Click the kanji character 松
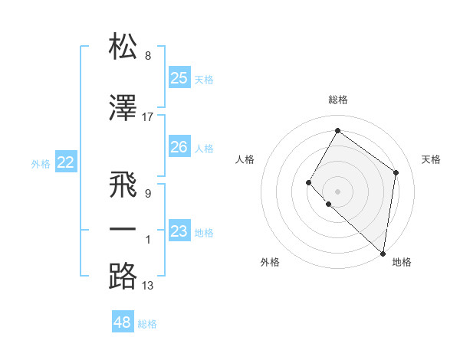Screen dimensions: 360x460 pyautogui.click(x=123, y=47)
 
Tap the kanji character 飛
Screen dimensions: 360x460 pyautogui.click(x=123, y=185)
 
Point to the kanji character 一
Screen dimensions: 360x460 pyautogui.click(x=123, y=230)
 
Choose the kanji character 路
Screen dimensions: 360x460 pyautogui.click(x=123, y=277)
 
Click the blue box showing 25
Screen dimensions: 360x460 pyautogui.click(x=179, y=78)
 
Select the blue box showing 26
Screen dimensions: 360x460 pyautogui.click(x=179, y=147)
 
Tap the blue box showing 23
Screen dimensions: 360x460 pyautogui.click(x=179, y=231)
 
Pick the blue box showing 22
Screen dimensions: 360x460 pyautogui.click(x=66, y=162)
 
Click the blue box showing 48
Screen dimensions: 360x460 pyautogui.click(x=123, y=322)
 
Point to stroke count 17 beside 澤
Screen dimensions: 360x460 pyautogui.click(x=148, y=117)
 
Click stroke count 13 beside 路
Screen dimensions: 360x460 pyautogui.click(x=148, y=286)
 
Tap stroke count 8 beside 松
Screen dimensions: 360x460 pyautogui.click(x=148, y=56)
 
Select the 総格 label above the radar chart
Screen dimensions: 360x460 pyautogui.click(x=338, y=100)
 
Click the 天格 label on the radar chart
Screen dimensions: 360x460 pyautogui.click(x=432, y=159)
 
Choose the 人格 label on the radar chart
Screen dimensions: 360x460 pyautogui.click(x=245, y=159)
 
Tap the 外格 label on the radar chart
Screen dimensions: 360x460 pyautogui.click(x=270, y=262)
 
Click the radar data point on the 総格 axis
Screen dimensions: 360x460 pyautogui.click(x=337, y=130)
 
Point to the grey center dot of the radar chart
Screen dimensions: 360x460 pyautogui.click(x=337, y=191)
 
